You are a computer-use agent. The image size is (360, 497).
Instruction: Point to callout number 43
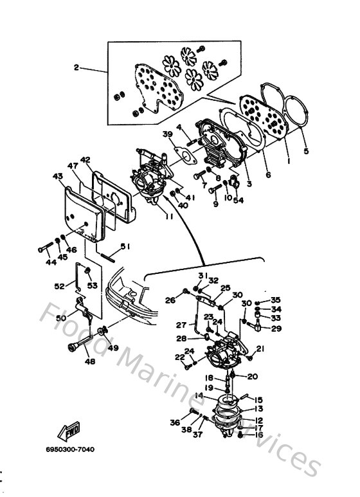click(57, 176)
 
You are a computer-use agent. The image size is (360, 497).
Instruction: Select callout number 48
click(89, 361)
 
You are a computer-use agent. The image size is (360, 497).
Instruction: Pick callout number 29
click(276, 329)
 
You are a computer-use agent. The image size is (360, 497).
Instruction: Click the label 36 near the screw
click(174, 422)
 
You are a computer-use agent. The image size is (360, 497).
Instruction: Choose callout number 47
click(74, 166)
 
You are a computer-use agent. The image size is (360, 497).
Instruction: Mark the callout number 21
click(261, 349)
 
